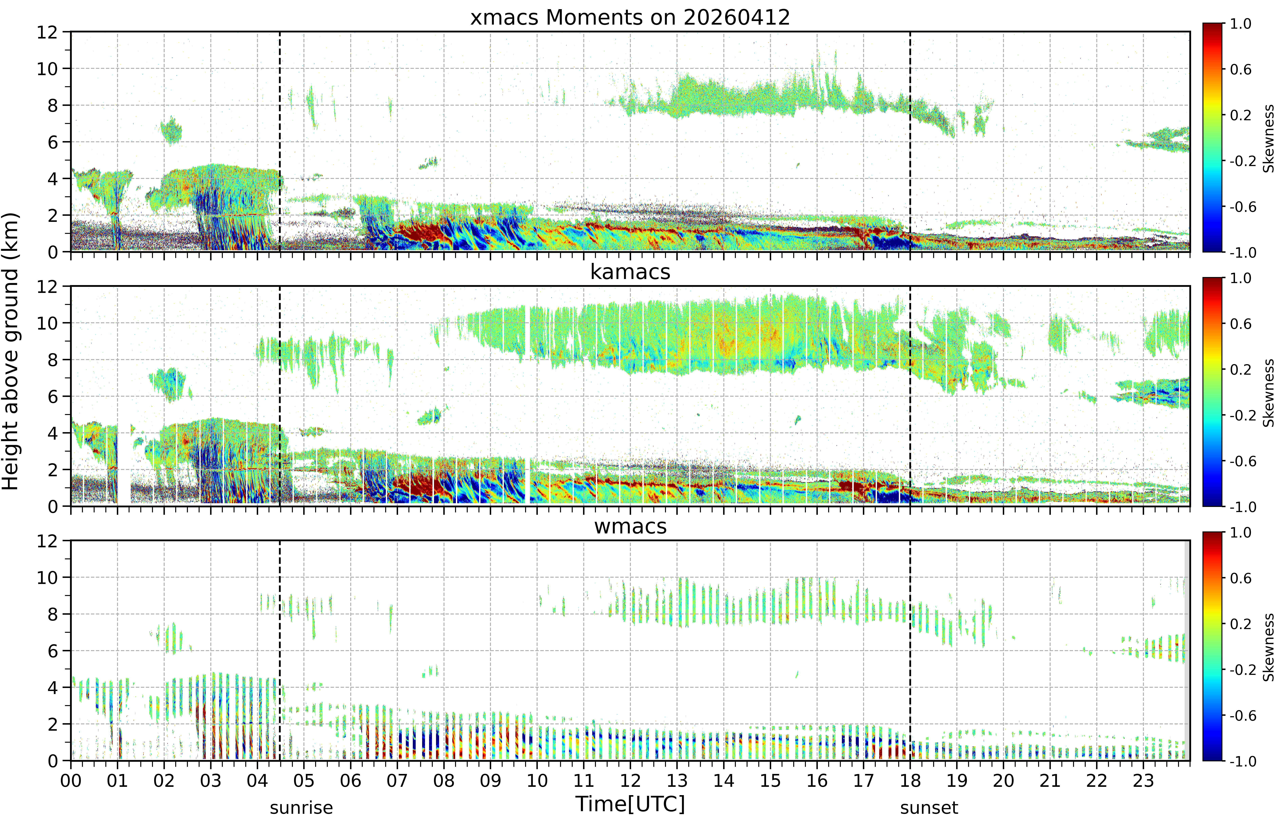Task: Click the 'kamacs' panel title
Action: (630, 272)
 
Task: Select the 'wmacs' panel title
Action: (630, 526)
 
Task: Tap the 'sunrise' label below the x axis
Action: (301, 808)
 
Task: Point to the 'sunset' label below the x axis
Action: (929, 808)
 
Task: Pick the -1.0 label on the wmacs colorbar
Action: (1243, 761)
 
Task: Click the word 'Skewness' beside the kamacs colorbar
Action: (1268, 393)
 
